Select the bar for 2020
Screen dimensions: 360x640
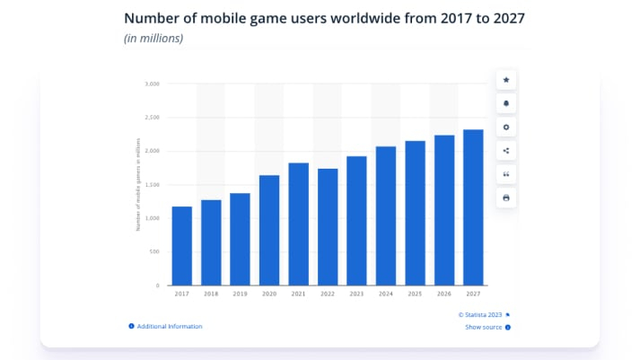pyautogui.click(x=269, y=230)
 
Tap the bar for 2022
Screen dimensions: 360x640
pyautogui.click(x=328, y=227)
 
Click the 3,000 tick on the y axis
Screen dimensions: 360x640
pyautogui.click(x=152, y=83)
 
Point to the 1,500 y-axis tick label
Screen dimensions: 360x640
pyautogui.click(x=152, y=185)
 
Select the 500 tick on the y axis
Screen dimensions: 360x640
pyautogui.click(x=153, y=252)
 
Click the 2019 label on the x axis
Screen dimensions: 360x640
pyautogui.click(x=240, y=294)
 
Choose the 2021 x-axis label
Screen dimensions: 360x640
pyautogui.click(x=299, y=294)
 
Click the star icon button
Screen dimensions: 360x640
pyautogui.click(x=506, y=80)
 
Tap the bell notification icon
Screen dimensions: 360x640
pyautogui.click(x=506, y=103)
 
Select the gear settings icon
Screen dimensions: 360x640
pyautogui.click(x=506, y=127)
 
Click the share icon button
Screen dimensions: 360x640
pyautogui.click(x=506, y=150)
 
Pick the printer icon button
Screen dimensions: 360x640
pyautogui.click(x=506, y=197)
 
